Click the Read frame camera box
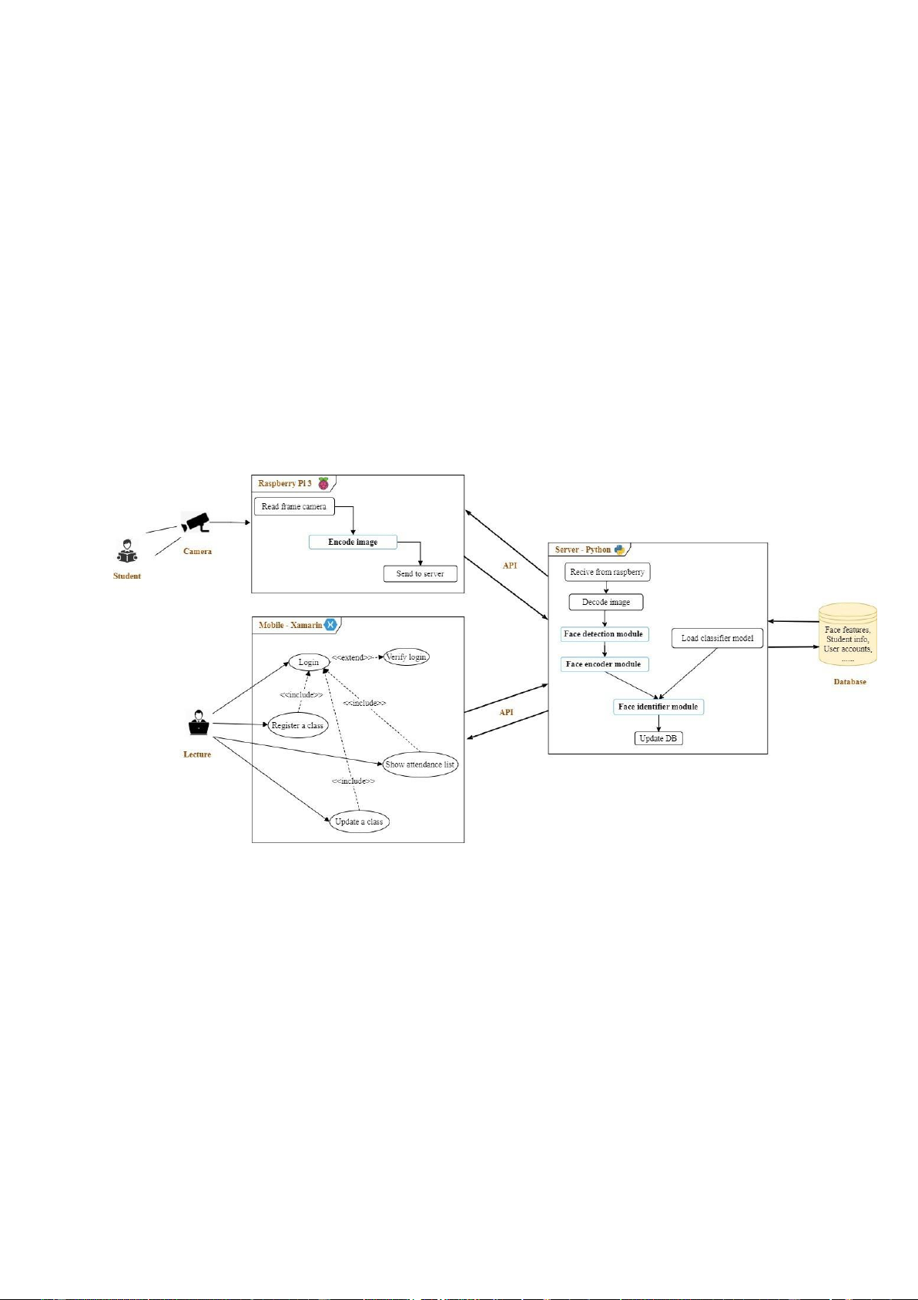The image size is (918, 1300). click(293, 506)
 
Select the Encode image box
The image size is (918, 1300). click(353, 542)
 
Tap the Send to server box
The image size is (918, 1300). click(420, 573)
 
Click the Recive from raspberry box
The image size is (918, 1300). click(607, 572)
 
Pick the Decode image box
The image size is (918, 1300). click(606, 602)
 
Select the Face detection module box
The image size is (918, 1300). click(604, 634)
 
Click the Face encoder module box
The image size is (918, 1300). click(604, 664)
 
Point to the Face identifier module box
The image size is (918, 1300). click(658, 707)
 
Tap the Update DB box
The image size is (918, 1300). click(658, 738)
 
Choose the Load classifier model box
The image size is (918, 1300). click(717, 638)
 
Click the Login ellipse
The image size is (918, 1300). click(309, 662)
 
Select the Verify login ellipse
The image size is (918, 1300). click(406, 657)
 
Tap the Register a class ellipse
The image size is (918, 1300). click(297, 726)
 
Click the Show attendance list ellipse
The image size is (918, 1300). click(420, 764)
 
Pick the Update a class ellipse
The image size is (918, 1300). click(359, 821)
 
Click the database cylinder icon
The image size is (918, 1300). click(847, 636)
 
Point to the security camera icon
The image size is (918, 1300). click(196, 522)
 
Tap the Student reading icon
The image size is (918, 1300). click(127, 552)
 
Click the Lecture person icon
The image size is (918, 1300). click(198, 723)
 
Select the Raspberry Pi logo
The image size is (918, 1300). click(323, 484)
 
